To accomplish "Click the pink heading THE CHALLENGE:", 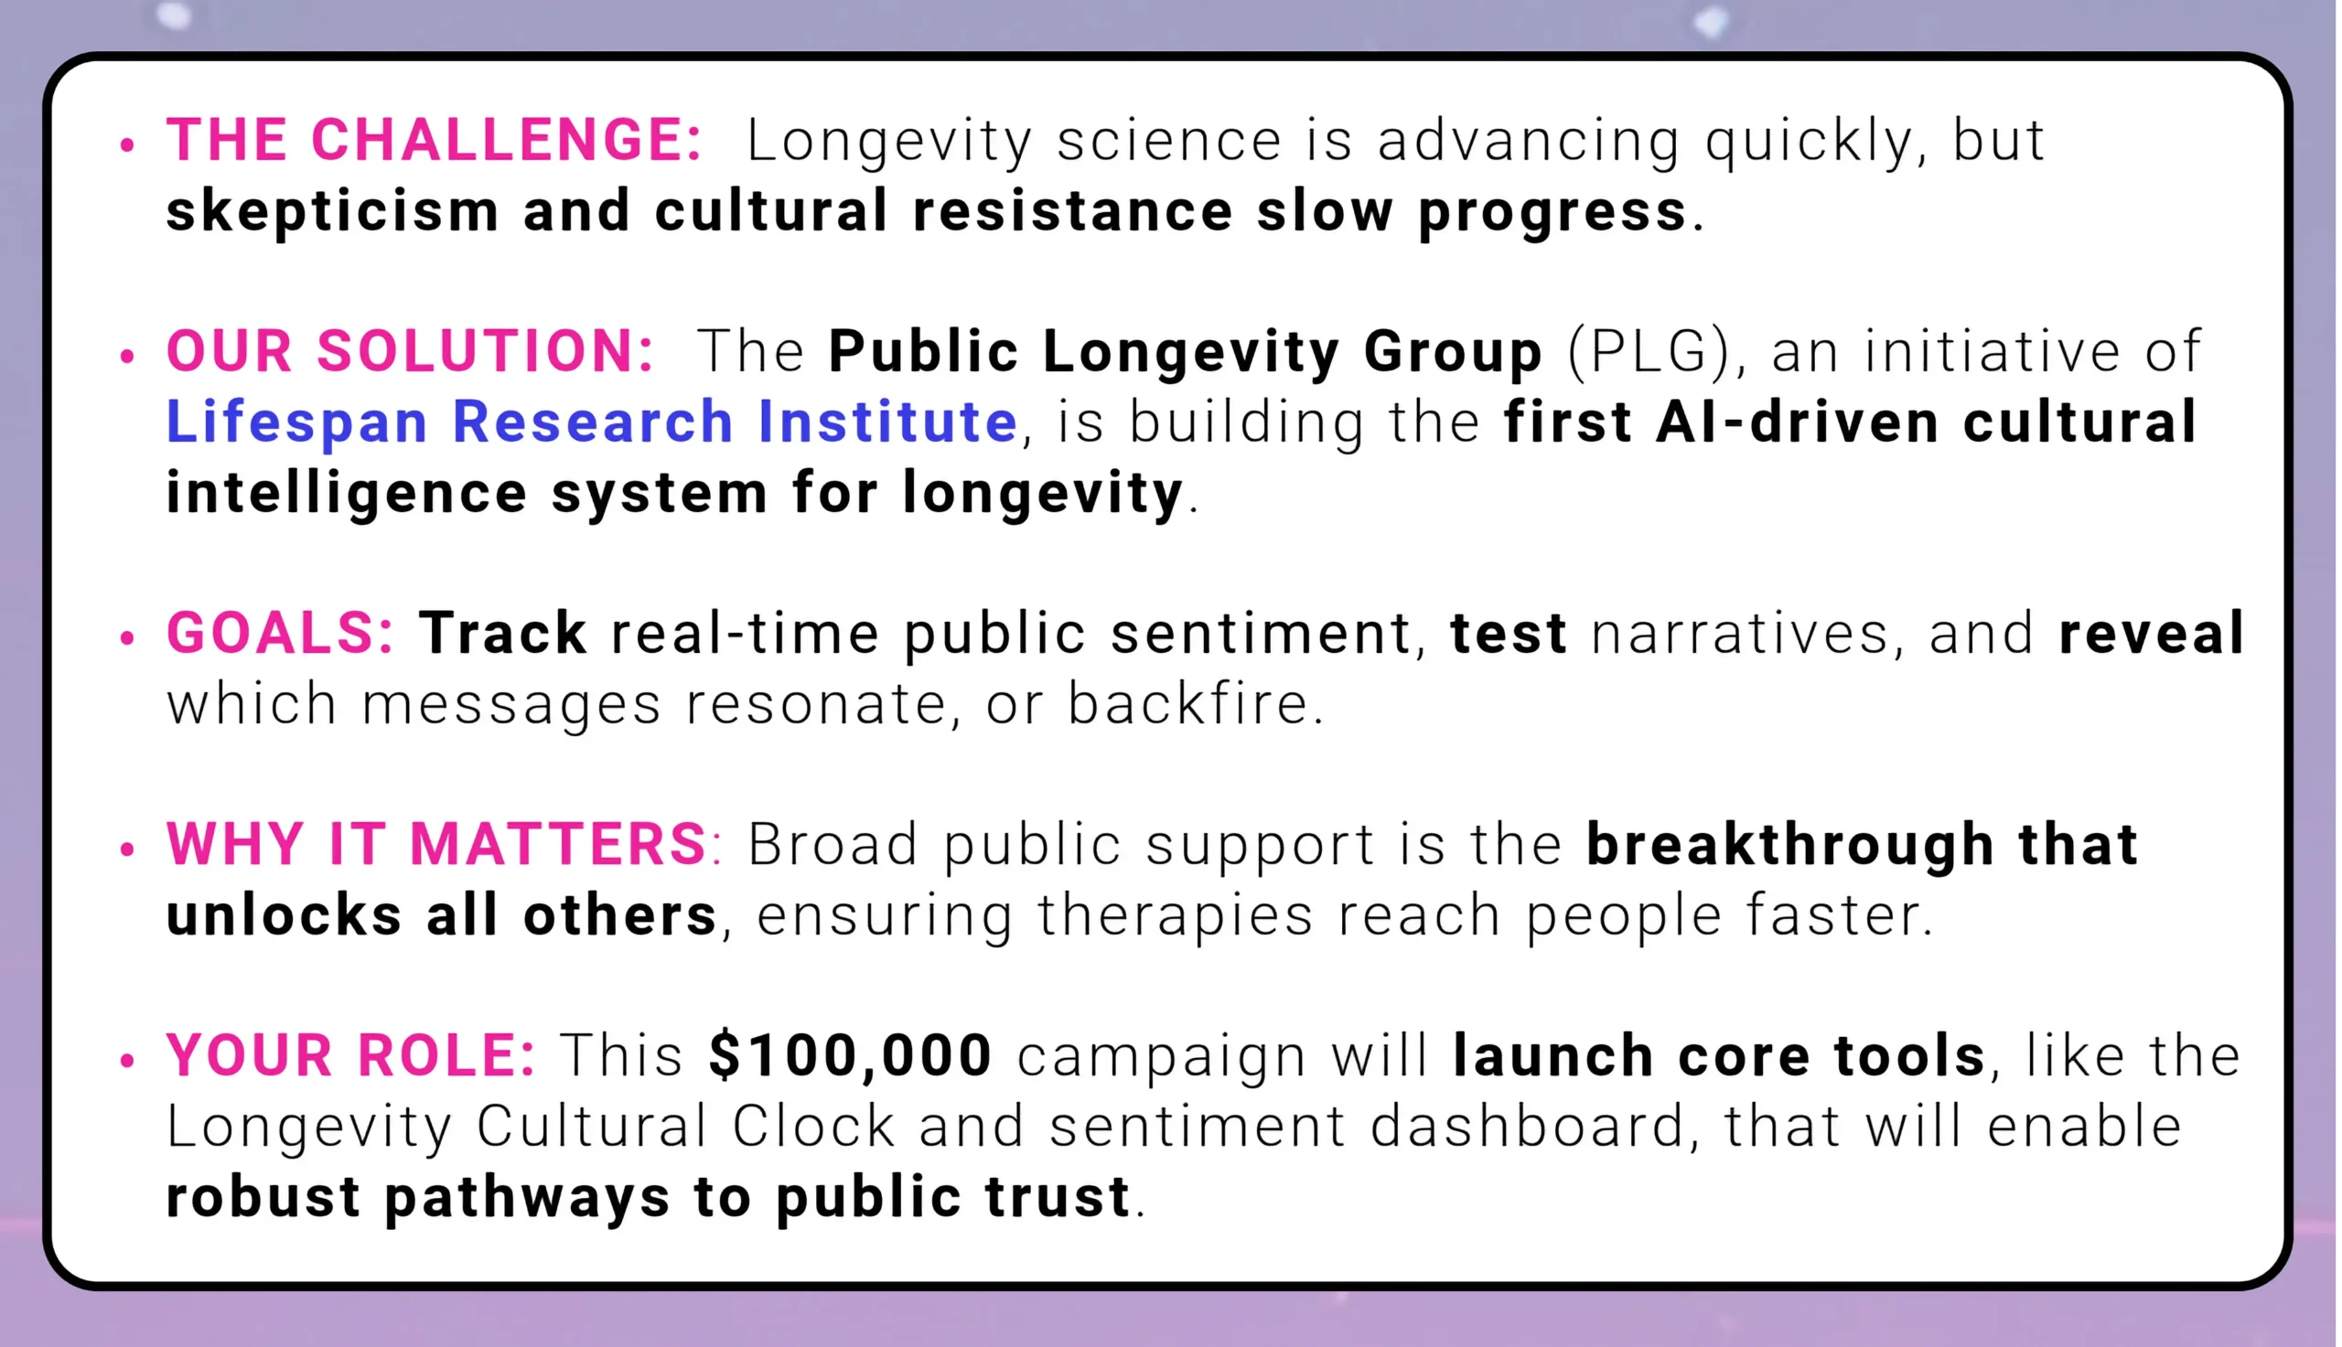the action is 434,141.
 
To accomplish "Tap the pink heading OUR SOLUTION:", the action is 410,351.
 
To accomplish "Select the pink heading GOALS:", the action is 280,634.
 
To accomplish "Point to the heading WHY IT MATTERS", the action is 436,845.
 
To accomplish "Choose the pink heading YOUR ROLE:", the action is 350,1055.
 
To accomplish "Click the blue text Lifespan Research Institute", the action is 592,422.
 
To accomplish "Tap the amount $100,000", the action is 851,1055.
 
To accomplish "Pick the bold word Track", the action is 502,634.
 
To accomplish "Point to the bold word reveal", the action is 2152,634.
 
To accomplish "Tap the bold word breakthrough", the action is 1789,847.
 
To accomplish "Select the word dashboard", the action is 1527,1127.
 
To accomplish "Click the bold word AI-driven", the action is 1797,422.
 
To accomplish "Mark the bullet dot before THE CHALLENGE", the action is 128,144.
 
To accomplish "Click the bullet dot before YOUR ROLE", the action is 128,1060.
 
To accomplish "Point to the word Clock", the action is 814,1127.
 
